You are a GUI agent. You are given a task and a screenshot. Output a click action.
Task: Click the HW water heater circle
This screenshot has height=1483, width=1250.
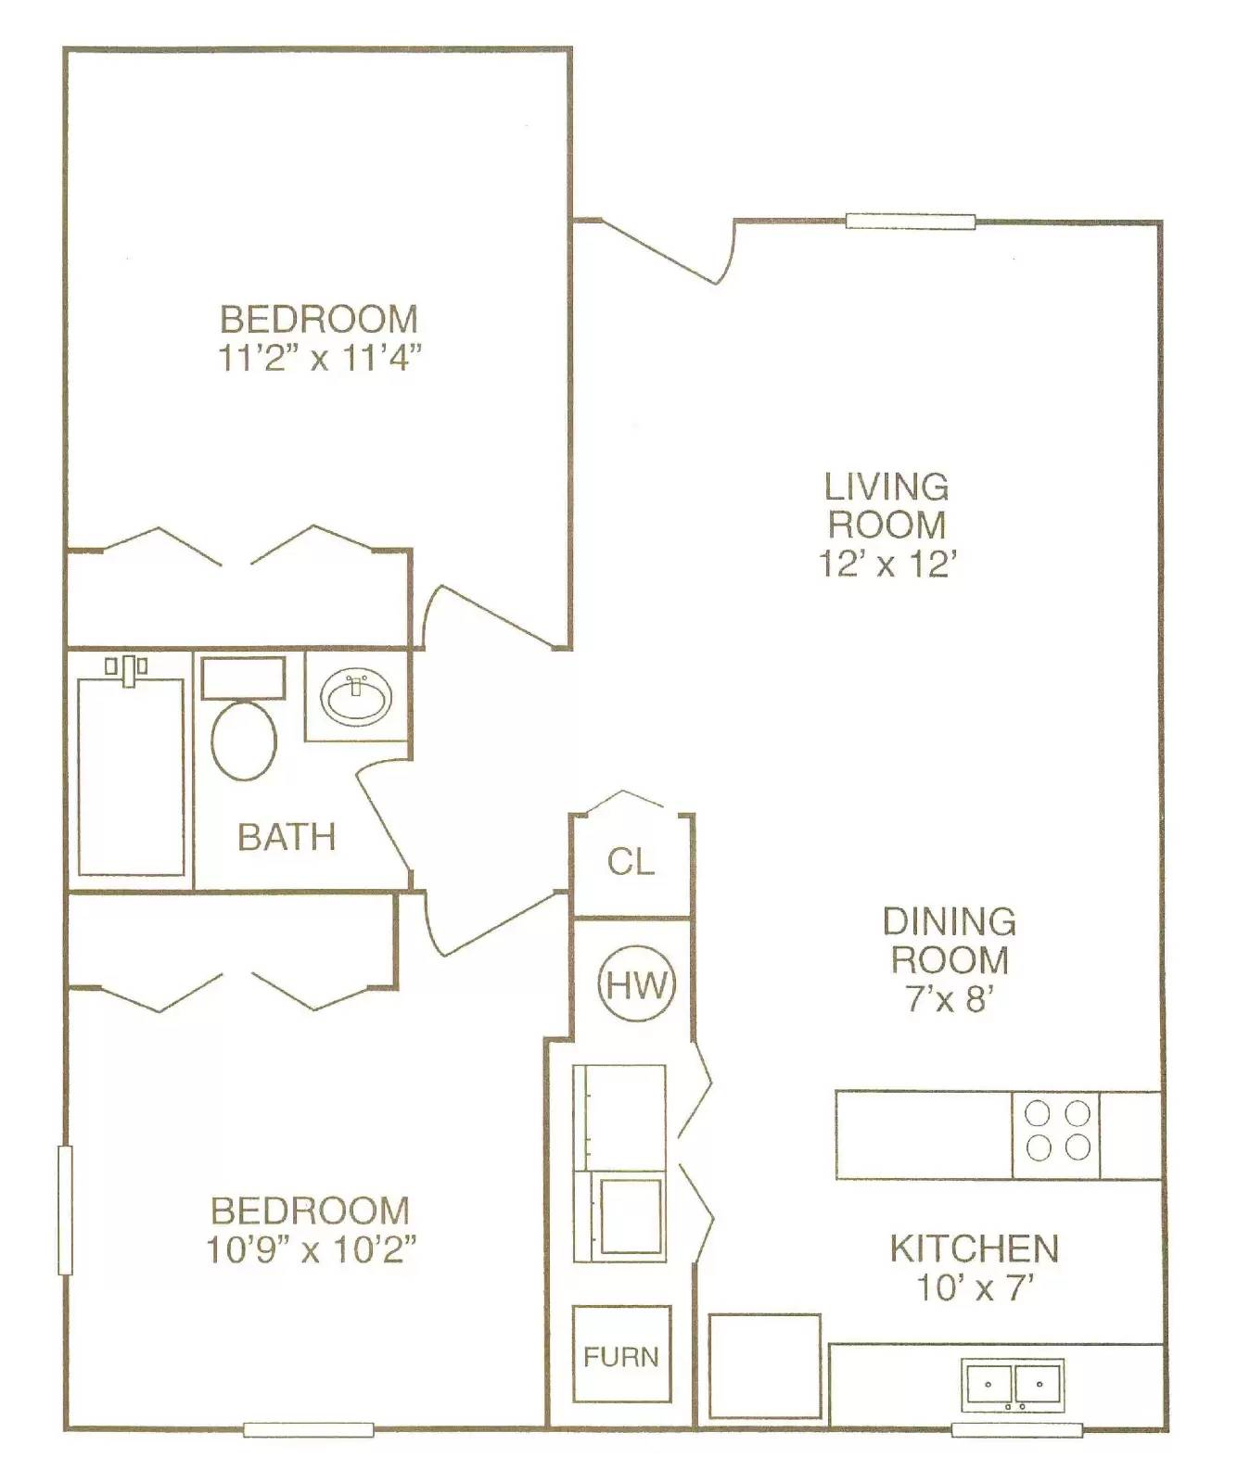coord(637,984)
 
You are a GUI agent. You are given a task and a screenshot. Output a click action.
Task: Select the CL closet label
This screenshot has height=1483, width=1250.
coord(631,862)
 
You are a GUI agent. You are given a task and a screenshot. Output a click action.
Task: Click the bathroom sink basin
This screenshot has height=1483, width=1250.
coord(356,696)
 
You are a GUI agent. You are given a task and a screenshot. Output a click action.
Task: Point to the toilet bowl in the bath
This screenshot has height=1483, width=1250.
coord(244,740)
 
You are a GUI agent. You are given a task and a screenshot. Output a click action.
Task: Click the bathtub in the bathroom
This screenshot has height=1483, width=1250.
coord(131,777)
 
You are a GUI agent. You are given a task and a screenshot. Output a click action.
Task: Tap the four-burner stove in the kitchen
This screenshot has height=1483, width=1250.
coord(1056,1134)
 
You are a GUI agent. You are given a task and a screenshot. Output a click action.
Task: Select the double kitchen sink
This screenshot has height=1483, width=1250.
coord(1012,1385)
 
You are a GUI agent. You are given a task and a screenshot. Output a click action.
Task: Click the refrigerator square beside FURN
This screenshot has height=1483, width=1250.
coord(765,1365)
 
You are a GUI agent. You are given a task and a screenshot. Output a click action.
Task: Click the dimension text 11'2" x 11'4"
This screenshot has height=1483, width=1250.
coord(320,359)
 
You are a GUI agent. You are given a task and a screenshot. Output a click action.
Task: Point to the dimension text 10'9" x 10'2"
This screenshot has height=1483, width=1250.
coord(311,1250)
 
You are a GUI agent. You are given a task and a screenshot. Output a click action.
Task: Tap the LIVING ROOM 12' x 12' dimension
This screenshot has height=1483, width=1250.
coord(886,564)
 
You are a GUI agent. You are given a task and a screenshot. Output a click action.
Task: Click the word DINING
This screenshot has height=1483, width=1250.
coord(949,921)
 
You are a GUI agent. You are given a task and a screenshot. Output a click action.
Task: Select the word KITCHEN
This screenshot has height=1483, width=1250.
coord(974,1249)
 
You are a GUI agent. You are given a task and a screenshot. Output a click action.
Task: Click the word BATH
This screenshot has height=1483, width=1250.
coord(287,837)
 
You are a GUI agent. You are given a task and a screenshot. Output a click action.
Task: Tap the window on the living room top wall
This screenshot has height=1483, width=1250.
coord(910,222)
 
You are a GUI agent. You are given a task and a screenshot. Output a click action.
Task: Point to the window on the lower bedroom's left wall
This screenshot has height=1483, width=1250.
coord(65,1210)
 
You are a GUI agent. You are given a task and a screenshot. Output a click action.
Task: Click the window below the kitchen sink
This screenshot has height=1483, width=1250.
coord(1016,1430)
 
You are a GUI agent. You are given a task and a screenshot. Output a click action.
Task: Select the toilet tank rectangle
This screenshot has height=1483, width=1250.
coord(243,678)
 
